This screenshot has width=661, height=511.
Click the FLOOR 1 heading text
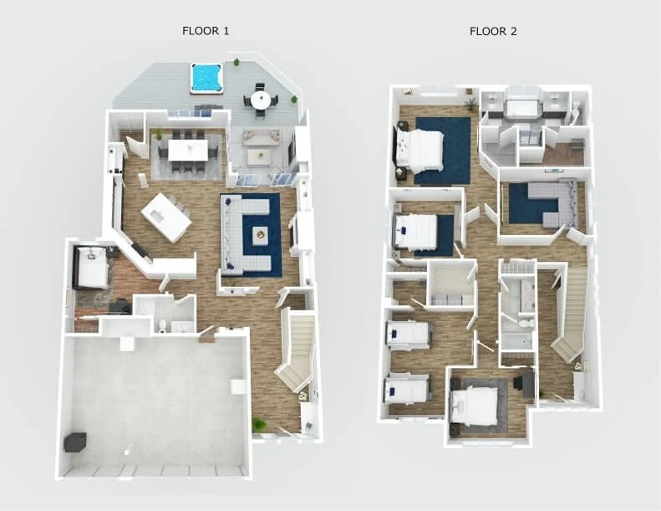click(x=206, y=31)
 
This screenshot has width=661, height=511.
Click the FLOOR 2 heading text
click(x=493, y=31)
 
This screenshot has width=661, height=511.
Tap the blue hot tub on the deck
click(x=206, y=78)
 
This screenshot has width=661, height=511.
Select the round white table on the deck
click(x=262, y=100)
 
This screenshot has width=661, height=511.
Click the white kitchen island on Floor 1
click(x=165, y=217)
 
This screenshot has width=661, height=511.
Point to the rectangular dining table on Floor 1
click(x=188, y=150)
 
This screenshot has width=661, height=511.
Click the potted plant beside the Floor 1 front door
click(x=259, y=425)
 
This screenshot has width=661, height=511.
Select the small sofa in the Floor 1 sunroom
click(x=262, y=138)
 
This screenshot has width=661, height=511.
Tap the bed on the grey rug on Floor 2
click(x=477, y=405)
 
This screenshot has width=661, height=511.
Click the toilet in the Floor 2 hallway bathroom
click(x=526, y=322)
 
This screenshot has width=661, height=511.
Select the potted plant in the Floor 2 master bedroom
click(x=472, y=105)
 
